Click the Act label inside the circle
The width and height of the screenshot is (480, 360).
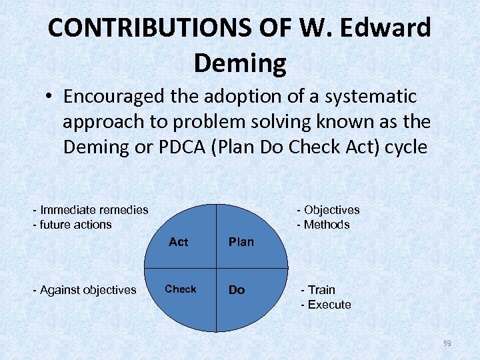179,242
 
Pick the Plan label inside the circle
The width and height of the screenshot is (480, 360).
241,242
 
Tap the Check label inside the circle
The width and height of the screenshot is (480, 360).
181,289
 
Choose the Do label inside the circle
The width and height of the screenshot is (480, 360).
237,290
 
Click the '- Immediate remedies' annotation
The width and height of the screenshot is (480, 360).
91,210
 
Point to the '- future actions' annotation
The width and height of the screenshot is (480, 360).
73,225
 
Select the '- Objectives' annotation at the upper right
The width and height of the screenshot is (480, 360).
328,210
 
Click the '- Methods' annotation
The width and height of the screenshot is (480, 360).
323,225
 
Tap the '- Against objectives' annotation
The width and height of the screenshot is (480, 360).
85,290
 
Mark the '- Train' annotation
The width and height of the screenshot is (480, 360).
318,290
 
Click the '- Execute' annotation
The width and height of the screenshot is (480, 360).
326,305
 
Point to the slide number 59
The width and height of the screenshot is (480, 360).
447,343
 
